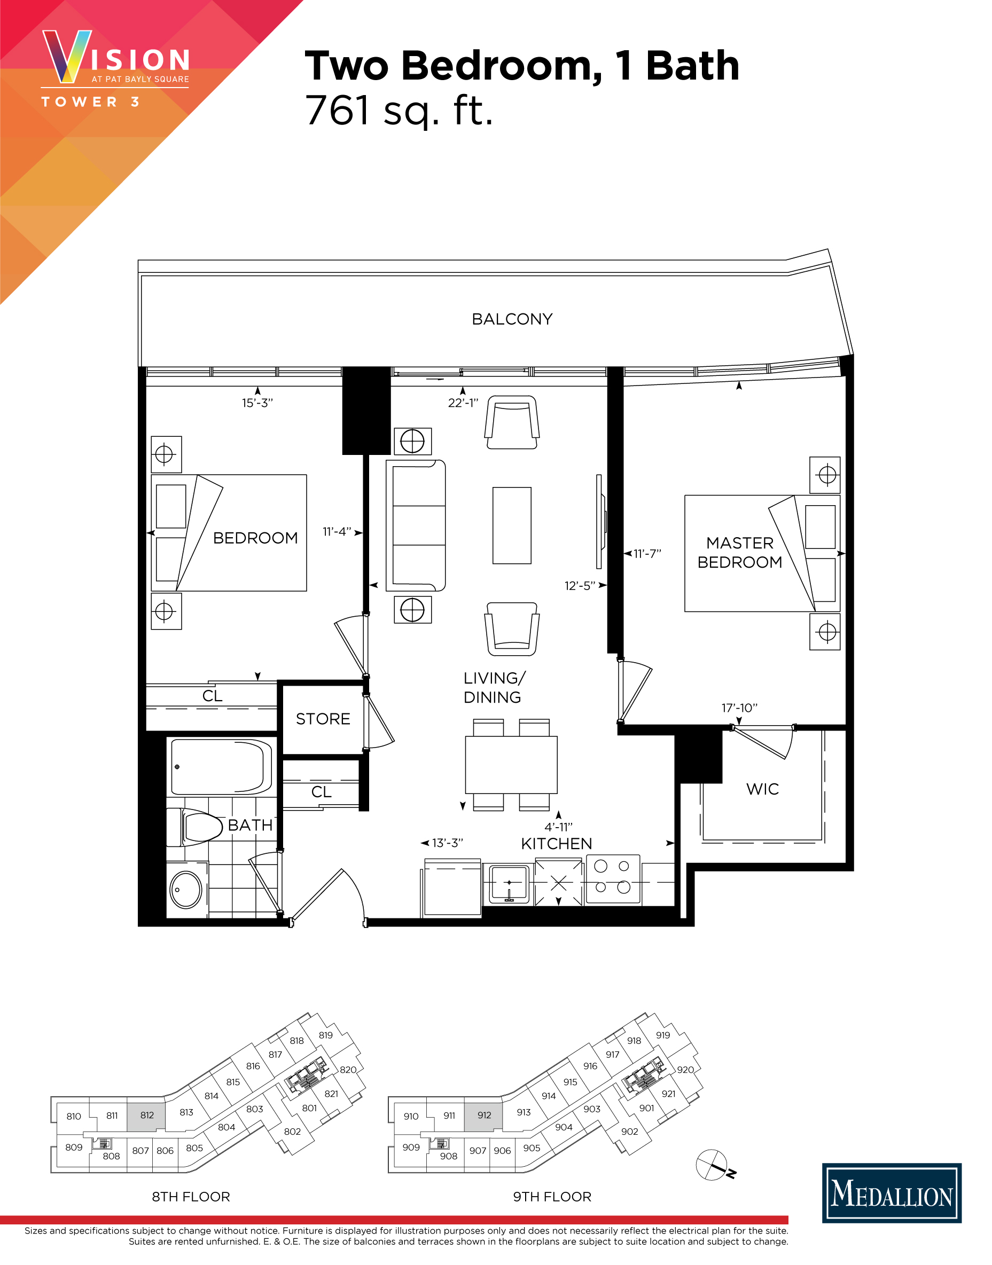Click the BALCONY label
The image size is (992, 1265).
[x=512, y=319]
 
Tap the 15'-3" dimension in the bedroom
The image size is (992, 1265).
[x=257, y=403]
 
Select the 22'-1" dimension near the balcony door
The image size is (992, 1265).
[x=463, y=403]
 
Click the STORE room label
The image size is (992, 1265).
[x=323, y=719]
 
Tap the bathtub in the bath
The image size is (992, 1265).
[x=221, y=767]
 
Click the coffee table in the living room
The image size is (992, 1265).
[x=512, y=525]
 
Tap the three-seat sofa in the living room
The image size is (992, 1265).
[x=416, y=525]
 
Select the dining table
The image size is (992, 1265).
[x=511, y=765]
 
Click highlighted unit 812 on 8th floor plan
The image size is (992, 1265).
[x=146, y=1115]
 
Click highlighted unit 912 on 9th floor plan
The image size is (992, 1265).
[x=484, y=1115]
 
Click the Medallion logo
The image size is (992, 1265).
[x=892, y=1193]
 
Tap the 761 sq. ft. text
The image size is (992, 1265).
[x=399, y=111]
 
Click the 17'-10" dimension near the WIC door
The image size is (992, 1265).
[x=739, y=708]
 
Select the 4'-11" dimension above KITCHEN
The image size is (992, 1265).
[x=558, y=827]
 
